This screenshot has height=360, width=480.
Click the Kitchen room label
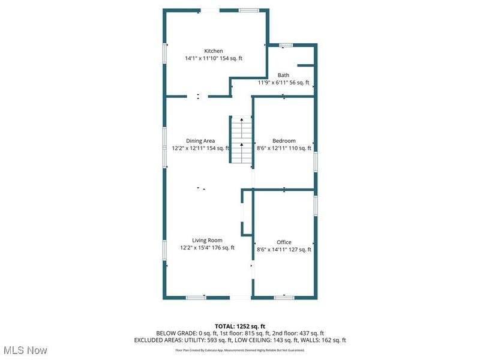(214, 51)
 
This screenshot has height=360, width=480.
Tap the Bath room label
(283, 75)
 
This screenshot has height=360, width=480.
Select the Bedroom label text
(284, 141)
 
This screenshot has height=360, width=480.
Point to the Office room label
(284, 242)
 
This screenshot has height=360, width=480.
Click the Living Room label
(207, 240)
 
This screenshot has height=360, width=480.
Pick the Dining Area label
(200, 141)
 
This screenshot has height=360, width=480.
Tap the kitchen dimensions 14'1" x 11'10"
(214, 59)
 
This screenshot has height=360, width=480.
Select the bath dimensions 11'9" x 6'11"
(283, 83)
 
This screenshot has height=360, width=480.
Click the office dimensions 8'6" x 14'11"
(284, 250)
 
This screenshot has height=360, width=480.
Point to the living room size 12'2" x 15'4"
(207, 247)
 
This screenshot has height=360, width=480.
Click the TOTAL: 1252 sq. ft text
(240, 326)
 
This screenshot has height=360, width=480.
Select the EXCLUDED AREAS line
(240, 340)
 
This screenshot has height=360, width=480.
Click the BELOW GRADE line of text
(240, 333)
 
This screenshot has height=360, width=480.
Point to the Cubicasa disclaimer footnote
(240, 349)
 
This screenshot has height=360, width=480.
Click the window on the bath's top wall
(286, 44)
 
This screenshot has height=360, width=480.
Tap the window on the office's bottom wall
(284, 297)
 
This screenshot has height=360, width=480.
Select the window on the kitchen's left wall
(166, 53)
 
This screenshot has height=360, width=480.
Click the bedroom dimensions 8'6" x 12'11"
(284, 148)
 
